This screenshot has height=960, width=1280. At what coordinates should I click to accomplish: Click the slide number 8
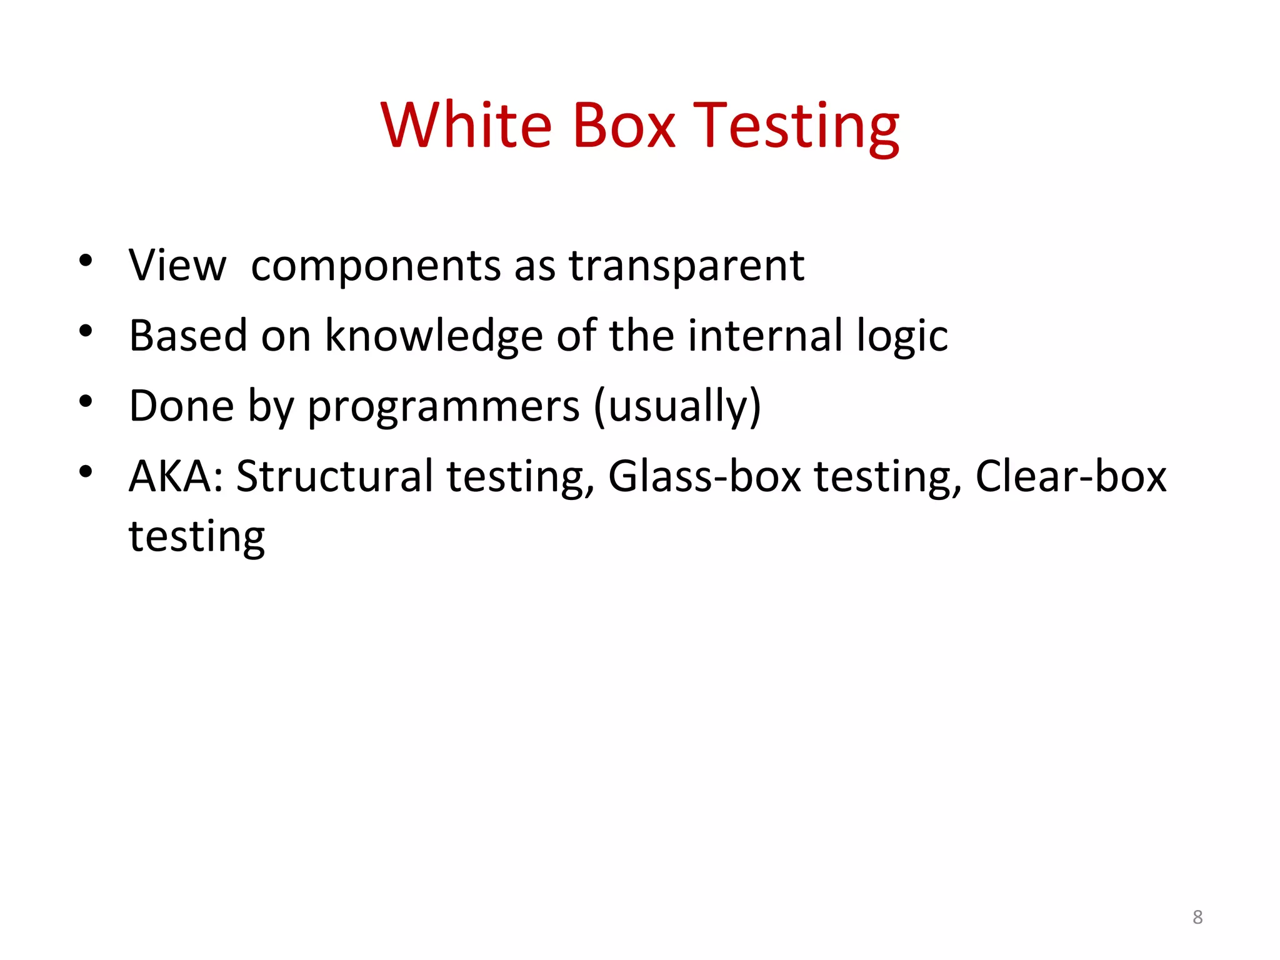click(1197, 917)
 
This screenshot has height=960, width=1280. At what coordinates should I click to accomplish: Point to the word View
click(177, 266)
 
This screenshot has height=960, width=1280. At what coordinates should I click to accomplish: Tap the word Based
click(188, 336)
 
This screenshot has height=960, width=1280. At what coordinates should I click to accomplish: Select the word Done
click(181, 406)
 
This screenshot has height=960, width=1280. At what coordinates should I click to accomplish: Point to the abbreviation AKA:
click(176, 477)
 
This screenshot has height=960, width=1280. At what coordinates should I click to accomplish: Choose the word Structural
click(334, 477)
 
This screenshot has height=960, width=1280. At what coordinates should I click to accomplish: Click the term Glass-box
click(704, 477)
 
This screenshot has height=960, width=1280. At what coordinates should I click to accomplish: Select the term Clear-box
click(1071, 477)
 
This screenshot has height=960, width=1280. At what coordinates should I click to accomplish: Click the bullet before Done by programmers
click(86, 401)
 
